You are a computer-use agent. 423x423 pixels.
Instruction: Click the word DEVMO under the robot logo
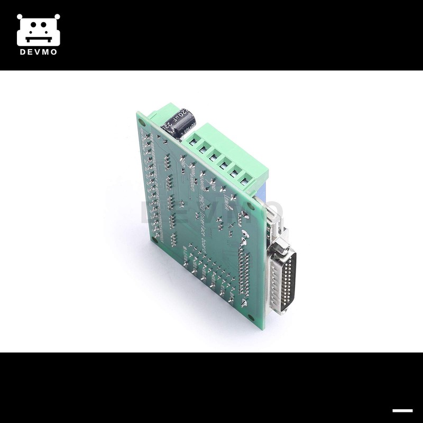pos(38,52)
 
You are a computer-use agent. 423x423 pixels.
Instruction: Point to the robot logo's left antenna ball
pos(20,16)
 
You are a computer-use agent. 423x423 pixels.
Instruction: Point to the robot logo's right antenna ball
pos(57,16)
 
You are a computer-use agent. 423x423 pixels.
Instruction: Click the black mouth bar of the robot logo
pos(38,38)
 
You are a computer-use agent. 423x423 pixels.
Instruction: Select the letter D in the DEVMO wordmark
pos(22,52)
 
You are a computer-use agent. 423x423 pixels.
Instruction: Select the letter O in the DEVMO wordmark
pos(54,52)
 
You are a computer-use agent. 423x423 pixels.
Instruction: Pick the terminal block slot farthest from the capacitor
pos(245,181)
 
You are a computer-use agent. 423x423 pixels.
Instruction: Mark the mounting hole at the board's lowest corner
pos(259,316)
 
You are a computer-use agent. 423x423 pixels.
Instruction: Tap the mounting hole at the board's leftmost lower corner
pos(154,238)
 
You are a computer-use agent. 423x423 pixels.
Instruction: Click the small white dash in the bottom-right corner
pos(402,410)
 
